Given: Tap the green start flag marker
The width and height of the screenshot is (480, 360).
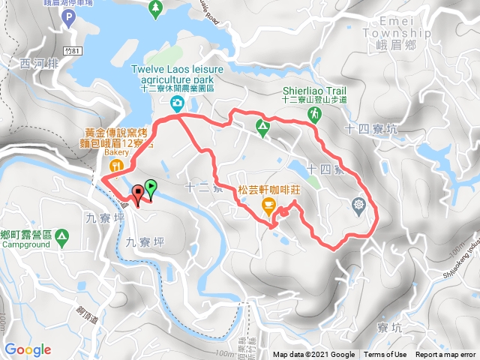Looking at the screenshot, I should pyautogui.click(x=151, y=187).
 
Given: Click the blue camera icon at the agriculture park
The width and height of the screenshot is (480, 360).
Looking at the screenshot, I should pyautogui.click(x=177, y=103).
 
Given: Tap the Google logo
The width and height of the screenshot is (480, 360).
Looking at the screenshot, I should pyautogui.click(x=28, y=349).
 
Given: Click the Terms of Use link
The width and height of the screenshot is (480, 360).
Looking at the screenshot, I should pyautogui.click(x=385, y=355).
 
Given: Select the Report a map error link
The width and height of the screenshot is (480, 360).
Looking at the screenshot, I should pyautogui.click(x=445, y=355).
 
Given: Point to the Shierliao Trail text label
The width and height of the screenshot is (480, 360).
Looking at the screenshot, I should pyautogui.click(x=314, y=88).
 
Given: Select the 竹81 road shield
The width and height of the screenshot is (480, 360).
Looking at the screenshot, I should pyautogui.click(x=71, y=50).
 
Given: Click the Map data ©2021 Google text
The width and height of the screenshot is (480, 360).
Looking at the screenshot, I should pyautogui.click(x=313, y=355).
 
